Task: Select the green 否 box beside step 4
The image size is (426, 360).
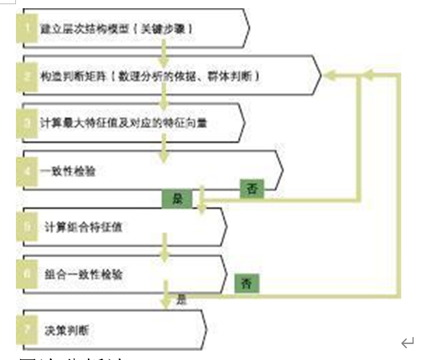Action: [x=252, y=189]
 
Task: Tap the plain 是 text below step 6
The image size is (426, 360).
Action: [x=182, y=300]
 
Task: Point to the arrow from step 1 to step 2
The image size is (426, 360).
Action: [x=165, y=55]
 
